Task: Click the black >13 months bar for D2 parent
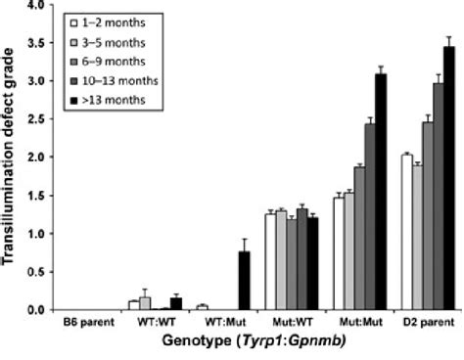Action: coord(449,178)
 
